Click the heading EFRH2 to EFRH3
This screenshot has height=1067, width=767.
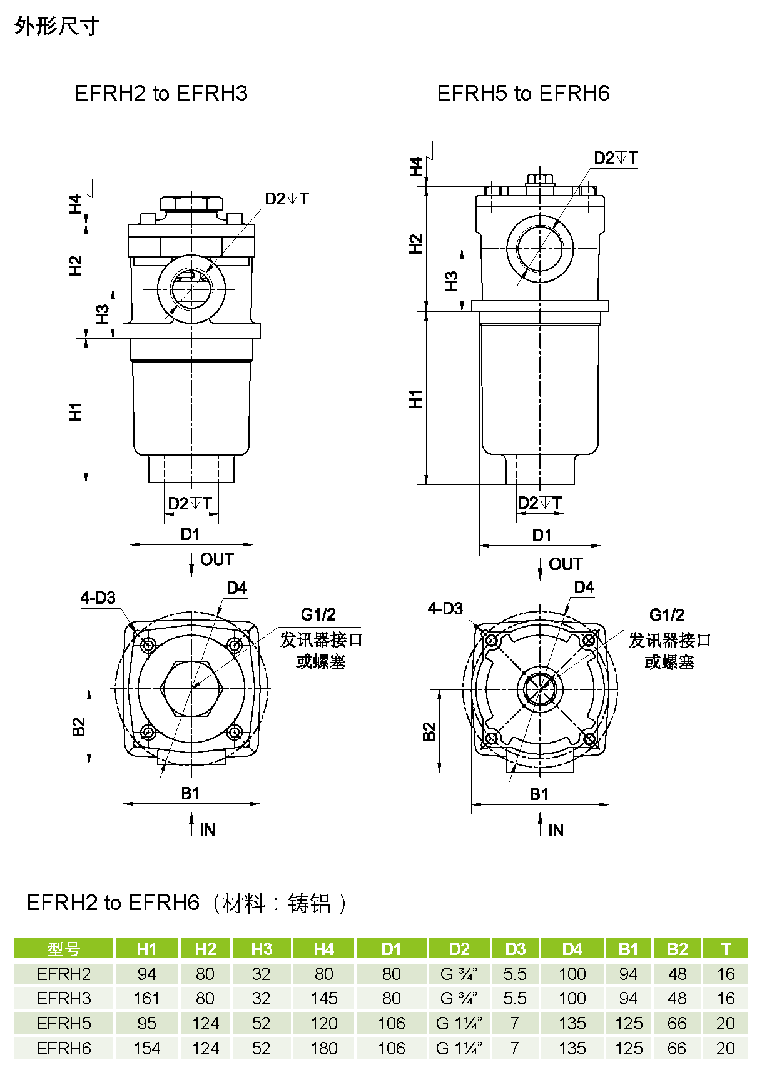[x=161, y=94]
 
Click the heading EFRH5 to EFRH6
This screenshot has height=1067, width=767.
[x=523, y=94]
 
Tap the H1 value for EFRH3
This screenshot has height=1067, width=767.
[x=146, y=998]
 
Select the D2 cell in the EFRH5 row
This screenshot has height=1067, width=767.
[x=459, y=1023]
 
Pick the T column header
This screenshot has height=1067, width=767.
[x=726, y=949]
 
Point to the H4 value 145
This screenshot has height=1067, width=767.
[x=323, y=998]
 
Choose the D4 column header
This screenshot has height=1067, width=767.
[x=572, y=949]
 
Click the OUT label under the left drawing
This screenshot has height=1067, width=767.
[x=216, y=559]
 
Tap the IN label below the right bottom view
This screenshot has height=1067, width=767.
[x=556, y=830]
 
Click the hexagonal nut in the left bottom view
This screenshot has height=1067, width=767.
[x=191, y=688]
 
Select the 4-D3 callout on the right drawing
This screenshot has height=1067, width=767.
[x=445, y=608]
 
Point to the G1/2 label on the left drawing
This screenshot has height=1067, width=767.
[x=318, y=615]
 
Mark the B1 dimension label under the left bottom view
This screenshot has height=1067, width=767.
[x=190, y=793]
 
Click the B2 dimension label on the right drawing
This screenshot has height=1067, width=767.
[x=429, y=731]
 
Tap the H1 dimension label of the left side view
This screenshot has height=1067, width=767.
[x=76, y=411]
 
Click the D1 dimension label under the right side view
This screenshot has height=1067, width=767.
[x=541, y=535]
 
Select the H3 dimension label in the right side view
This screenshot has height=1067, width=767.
[x=451, y=281]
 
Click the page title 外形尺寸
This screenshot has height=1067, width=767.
[x=57, y=26]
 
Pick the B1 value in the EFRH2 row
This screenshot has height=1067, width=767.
[x=628, y=974]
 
